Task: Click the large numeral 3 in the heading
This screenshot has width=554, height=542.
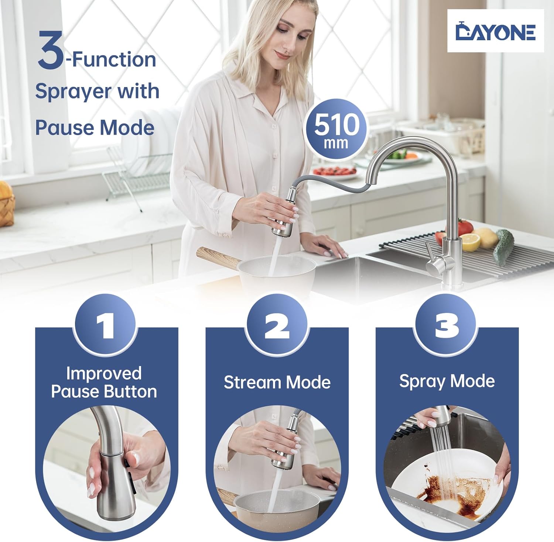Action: (51, 50)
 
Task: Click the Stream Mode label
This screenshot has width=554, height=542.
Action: (277, 382)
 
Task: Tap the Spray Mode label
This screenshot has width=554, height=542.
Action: (447, 381)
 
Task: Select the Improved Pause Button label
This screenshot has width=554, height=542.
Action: (104, 383)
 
